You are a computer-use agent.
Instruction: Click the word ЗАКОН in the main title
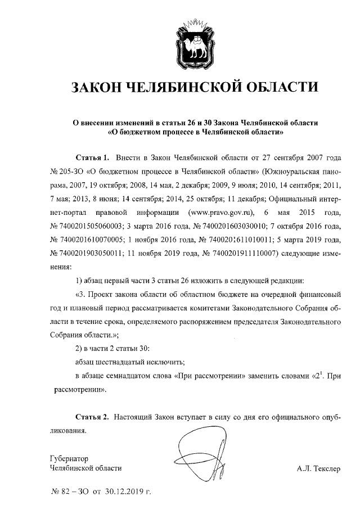(x=94, y=88)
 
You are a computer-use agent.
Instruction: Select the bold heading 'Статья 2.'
(x=92, y=418)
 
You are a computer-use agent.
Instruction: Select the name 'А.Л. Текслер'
(x=319, y=468)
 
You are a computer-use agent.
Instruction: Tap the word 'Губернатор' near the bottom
(x=69, y=458)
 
